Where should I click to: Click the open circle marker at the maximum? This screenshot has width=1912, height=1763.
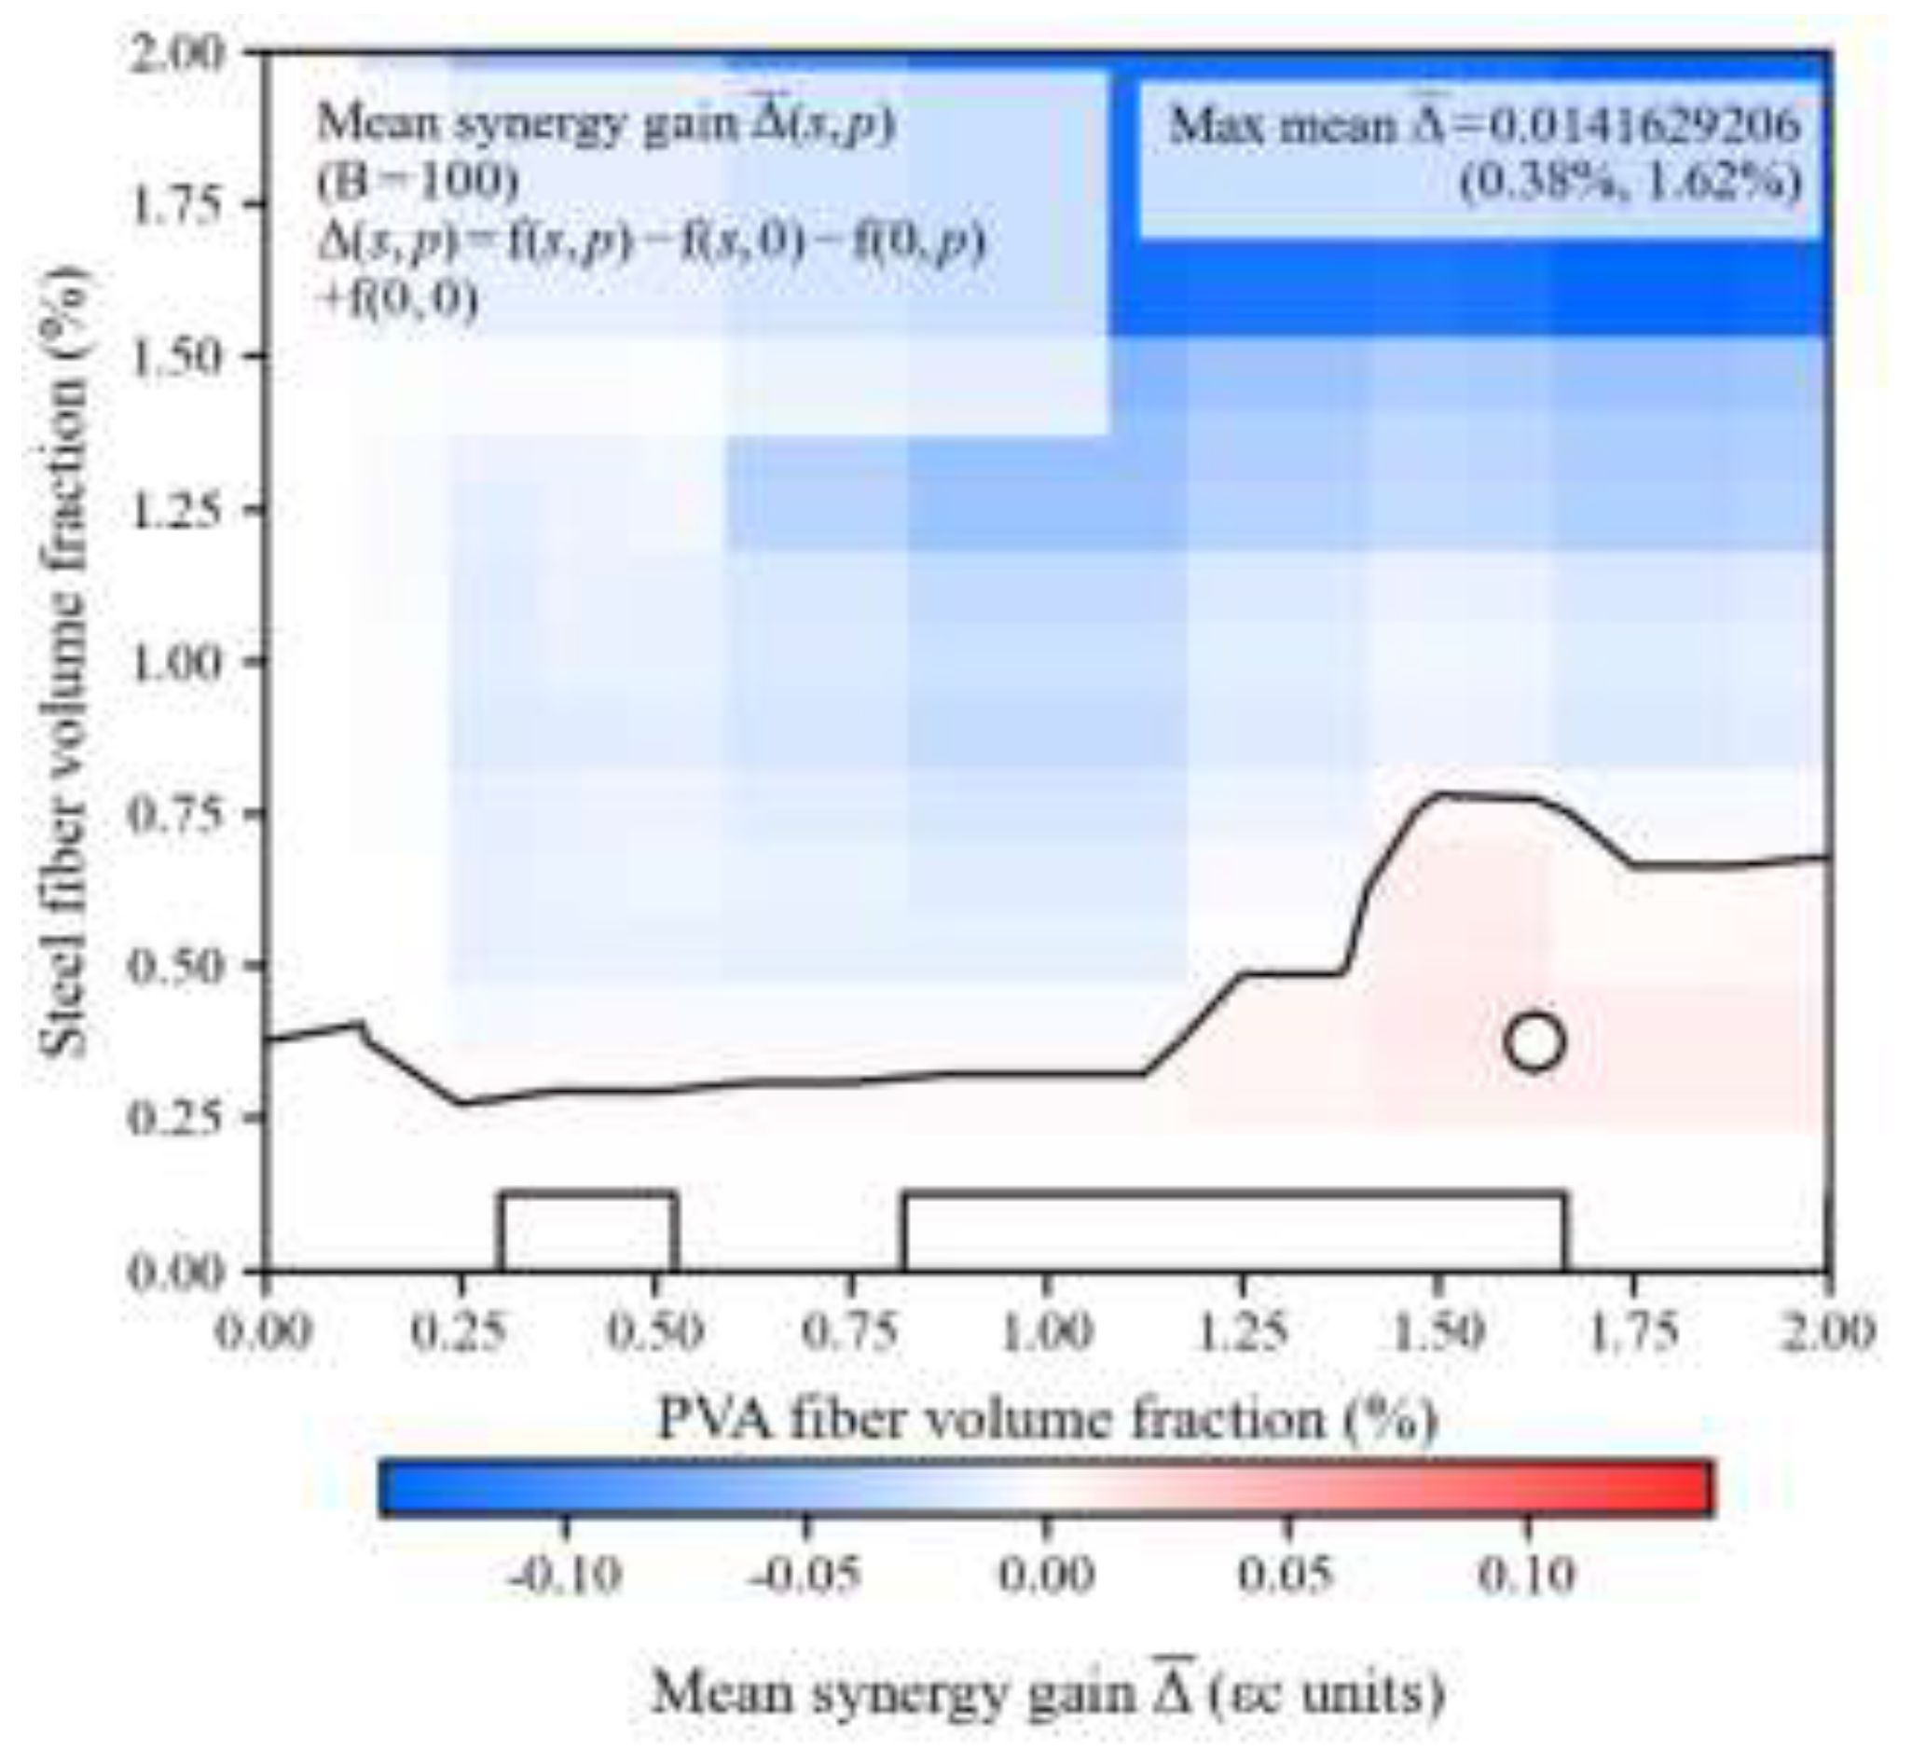pos(1534,1041)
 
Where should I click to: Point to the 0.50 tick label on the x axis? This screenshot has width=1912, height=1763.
pos(655,1329)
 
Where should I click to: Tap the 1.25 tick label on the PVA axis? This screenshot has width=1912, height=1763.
pos(1243,1329)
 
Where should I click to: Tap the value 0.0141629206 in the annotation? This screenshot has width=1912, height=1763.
pos(1644,126)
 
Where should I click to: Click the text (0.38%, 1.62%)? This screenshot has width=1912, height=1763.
pos(1630,181)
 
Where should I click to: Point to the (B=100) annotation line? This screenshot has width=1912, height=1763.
pos(418,181)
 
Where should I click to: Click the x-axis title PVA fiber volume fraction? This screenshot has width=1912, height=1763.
pos(1047,1421)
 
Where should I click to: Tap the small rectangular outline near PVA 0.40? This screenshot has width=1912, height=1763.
pos(588,1231)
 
